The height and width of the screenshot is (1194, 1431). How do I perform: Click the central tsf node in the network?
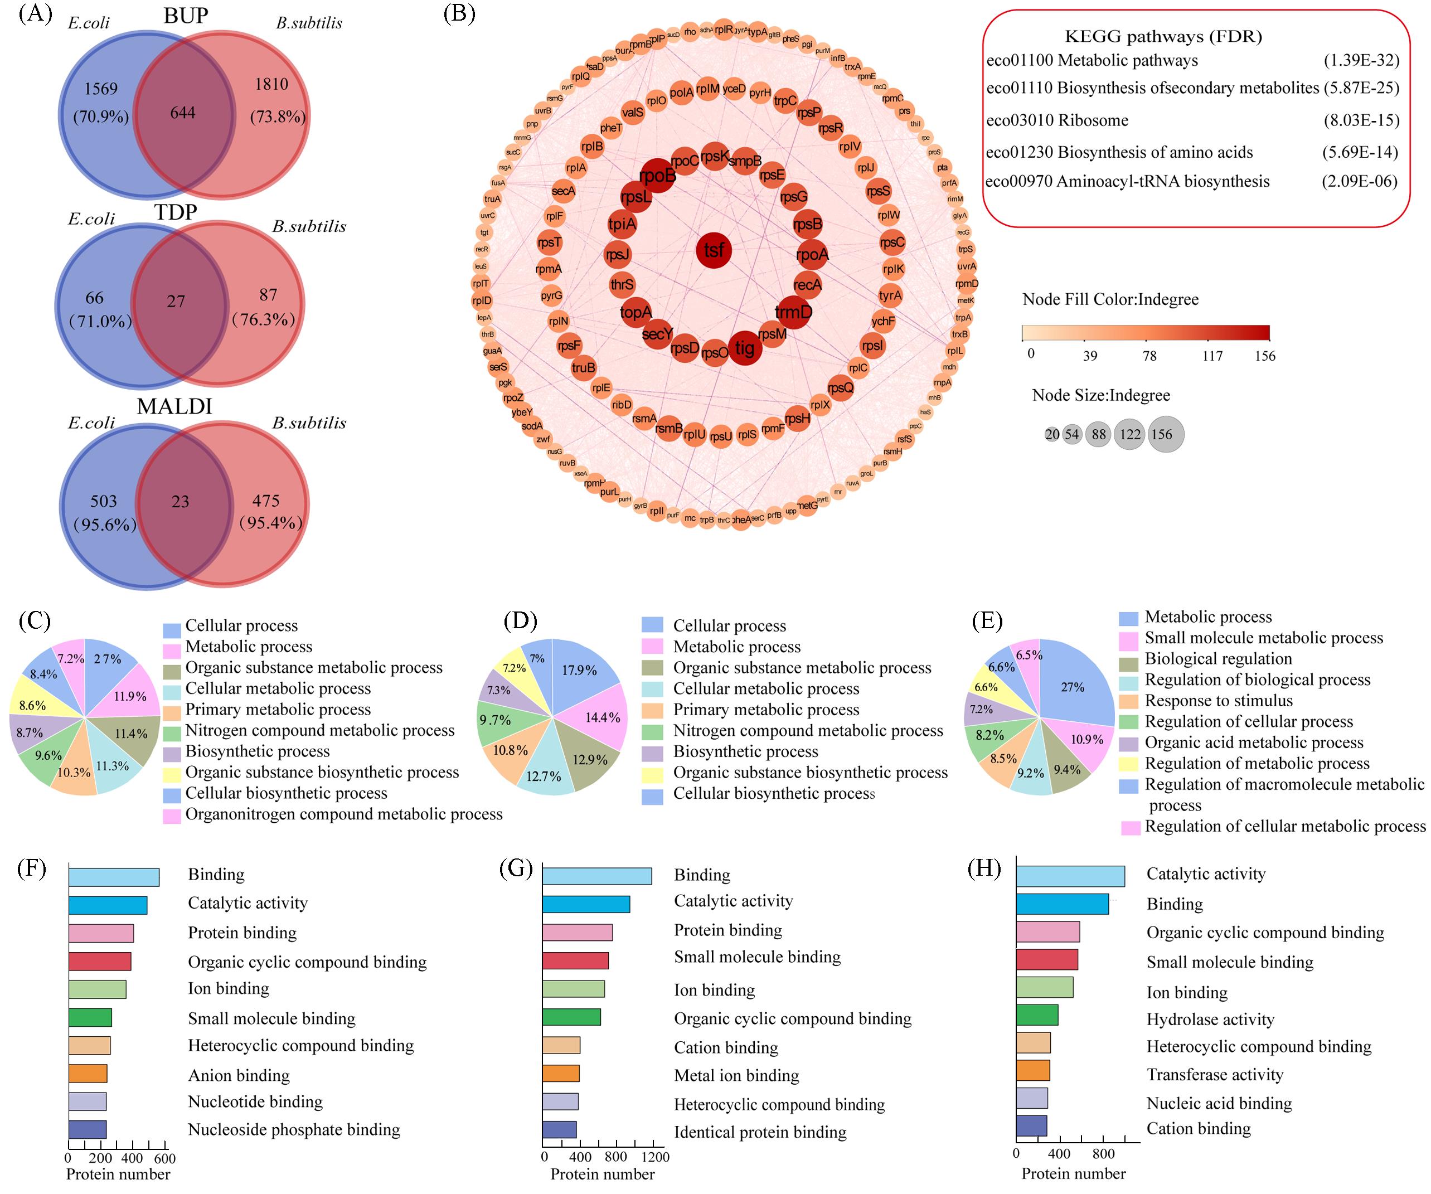pos(714,250)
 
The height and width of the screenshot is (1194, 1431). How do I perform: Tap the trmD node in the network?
pos(793,312)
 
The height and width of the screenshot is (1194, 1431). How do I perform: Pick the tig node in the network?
pos(745,348)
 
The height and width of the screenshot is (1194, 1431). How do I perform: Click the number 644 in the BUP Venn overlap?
pos(183,113)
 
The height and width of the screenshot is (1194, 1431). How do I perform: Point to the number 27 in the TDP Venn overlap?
pos(176,301)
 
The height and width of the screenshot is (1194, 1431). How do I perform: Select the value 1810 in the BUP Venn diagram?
pos(271,85)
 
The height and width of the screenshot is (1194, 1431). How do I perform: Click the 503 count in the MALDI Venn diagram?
pos(104,501)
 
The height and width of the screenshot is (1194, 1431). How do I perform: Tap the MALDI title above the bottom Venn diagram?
pos(174,406)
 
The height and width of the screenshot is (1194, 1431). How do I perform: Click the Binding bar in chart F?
pos(114,876)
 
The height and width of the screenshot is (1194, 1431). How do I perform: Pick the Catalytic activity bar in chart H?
pos(1070,876)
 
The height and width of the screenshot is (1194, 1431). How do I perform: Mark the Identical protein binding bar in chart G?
pos(560,1129)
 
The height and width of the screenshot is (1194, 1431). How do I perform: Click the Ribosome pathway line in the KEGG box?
pos(1058,120)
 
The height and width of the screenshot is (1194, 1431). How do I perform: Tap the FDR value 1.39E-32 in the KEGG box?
pos(1361,61)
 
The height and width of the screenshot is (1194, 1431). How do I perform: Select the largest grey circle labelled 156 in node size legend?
pos(1166,434)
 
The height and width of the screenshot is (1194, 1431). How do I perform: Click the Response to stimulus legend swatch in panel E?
pos(1128,701)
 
